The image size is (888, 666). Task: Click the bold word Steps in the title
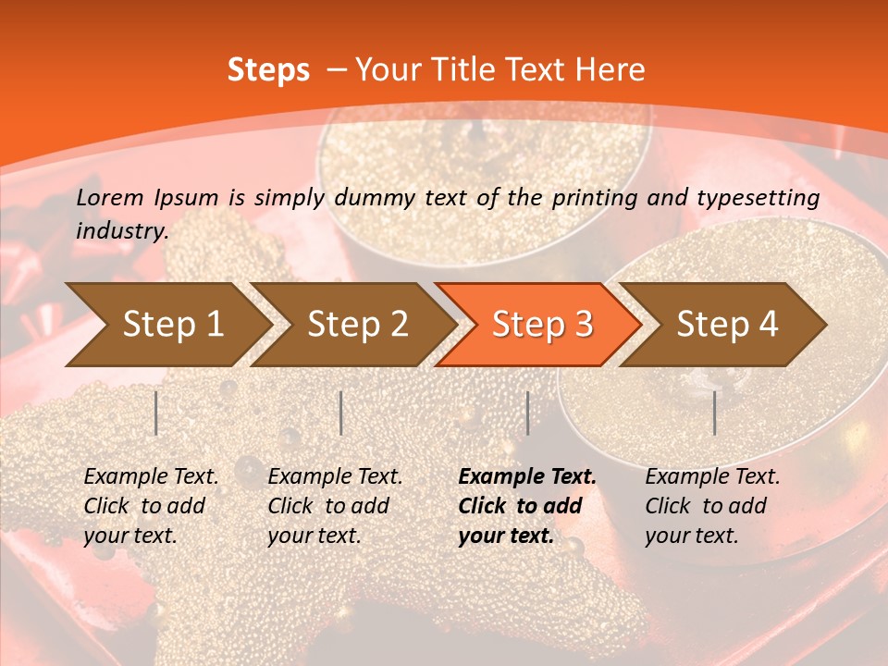pyautogui.click(x=268, y=70)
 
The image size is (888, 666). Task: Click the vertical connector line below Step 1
pyautogui.click(x=156, y=413)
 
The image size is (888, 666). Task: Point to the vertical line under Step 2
pyautogui.click(x=341, y=413)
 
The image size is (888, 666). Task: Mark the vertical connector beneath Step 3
pyautogui.click(x=527, y=413)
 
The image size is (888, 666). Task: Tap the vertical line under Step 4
pyautogui.click(x=715, y=413)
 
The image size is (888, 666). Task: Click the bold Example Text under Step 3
pyautogui.click(x=527, y=506)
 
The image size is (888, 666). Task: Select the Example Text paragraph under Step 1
pyautogui.click(x=151, y=506)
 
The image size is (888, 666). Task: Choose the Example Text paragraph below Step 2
pyautogui.click(x=335, y=506)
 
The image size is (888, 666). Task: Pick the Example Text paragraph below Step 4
pyautogui.click(x=712, y=506)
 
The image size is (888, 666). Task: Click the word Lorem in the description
pyautogui.click(x=110, y=197)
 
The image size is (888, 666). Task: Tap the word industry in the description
pyautogui.click(x=122, y=231)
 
